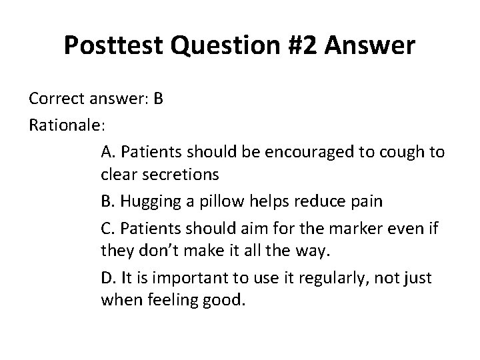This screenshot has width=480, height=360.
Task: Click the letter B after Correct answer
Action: point(158,99)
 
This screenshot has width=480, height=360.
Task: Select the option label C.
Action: point(109,230)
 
